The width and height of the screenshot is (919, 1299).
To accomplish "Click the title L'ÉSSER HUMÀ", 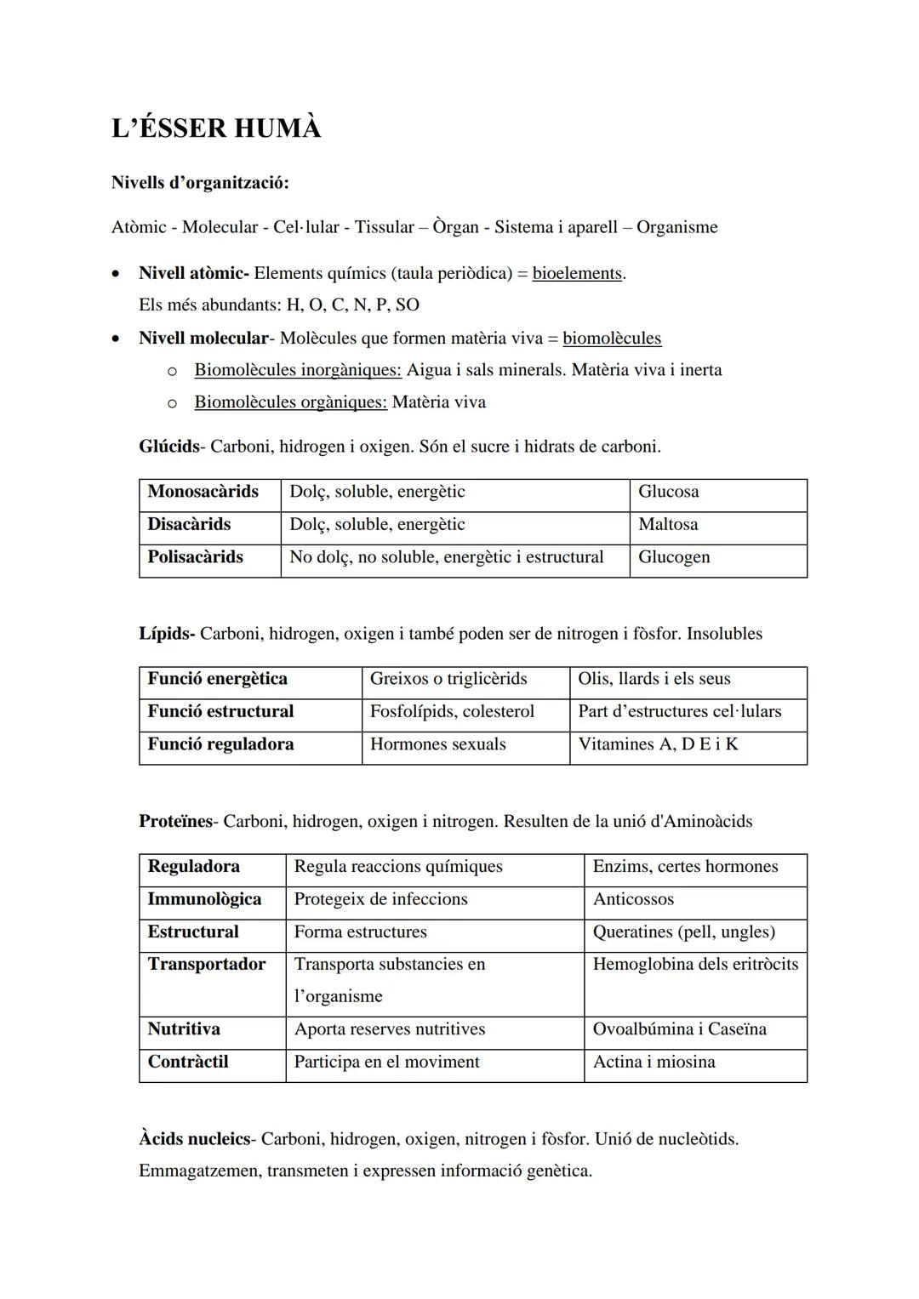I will [x=216, y=128].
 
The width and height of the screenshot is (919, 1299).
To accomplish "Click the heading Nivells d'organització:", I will [x=200, y=183].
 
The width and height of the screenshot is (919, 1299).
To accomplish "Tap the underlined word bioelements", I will [x=577, y=274].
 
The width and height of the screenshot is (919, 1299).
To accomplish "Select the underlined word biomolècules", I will [x=611, y=339].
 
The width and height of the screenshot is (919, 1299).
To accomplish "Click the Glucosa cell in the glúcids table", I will [x=669, y=492].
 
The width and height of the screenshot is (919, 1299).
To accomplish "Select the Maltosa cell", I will [x=668, y=525].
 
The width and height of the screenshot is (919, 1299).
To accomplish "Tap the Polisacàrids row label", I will [x=195, y=557].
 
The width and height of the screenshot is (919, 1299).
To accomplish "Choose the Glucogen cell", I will [x=674, y=557].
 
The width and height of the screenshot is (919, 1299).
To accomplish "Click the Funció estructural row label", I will [x=220, y=711].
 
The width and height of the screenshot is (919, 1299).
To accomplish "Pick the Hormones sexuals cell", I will [x=437, y=744].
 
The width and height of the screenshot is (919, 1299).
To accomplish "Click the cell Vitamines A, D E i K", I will [x=658, y=744].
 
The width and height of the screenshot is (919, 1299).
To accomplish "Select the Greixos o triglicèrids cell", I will [x=448, y=679].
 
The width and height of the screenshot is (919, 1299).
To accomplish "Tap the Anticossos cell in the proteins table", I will [x=633, y=899].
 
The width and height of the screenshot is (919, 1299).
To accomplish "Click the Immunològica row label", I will [x=204, y=899].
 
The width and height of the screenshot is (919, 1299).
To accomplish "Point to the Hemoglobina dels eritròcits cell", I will [x=695, y=964].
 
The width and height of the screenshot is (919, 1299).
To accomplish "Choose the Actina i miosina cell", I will [x=654, y=1062].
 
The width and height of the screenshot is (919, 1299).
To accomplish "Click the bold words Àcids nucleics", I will [x=195, y=1139].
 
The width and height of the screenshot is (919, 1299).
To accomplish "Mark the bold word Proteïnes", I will [x=176, y=822].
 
